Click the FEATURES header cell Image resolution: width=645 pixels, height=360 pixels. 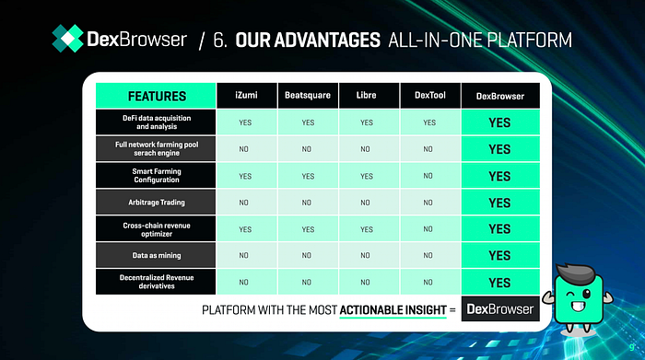[x=156, y=96]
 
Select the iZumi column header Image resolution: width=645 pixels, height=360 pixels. [x=247, y=96]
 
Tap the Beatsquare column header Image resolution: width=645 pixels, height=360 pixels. [x=308, y=96]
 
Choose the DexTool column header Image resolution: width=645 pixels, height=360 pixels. [x=430, y=96]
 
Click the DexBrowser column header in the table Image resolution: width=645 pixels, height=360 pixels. [x=500, y=96]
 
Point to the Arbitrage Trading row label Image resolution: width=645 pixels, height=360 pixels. [x=156, y=203]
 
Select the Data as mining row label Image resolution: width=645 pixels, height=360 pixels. [x=156, y=255]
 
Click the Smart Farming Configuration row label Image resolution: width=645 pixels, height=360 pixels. [x=156, y=176]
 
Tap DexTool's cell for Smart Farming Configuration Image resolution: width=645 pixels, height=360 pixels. [x=430, y=176]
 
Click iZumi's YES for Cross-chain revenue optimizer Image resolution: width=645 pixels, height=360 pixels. [x=245, y=229]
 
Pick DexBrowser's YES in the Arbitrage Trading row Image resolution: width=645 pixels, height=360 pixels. [x=499, y=203]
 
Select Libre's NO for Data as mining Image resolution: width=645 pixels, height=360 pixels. [x=365, y=256]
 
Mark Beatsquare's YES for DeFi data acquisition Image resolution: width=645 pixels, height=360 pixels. [x=308, y=122]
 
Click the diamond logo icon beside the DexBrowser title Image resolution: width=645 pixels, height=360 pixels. [x=68, y=39]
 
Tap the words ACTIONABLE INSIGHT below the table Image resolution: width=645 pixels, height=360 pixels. [x=393, y=309]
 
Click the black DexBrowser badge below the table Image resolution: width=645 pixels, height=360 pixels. [x=500, y=308]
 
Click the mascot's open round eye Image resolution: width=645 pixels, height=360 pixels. [x=587, y=294]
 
